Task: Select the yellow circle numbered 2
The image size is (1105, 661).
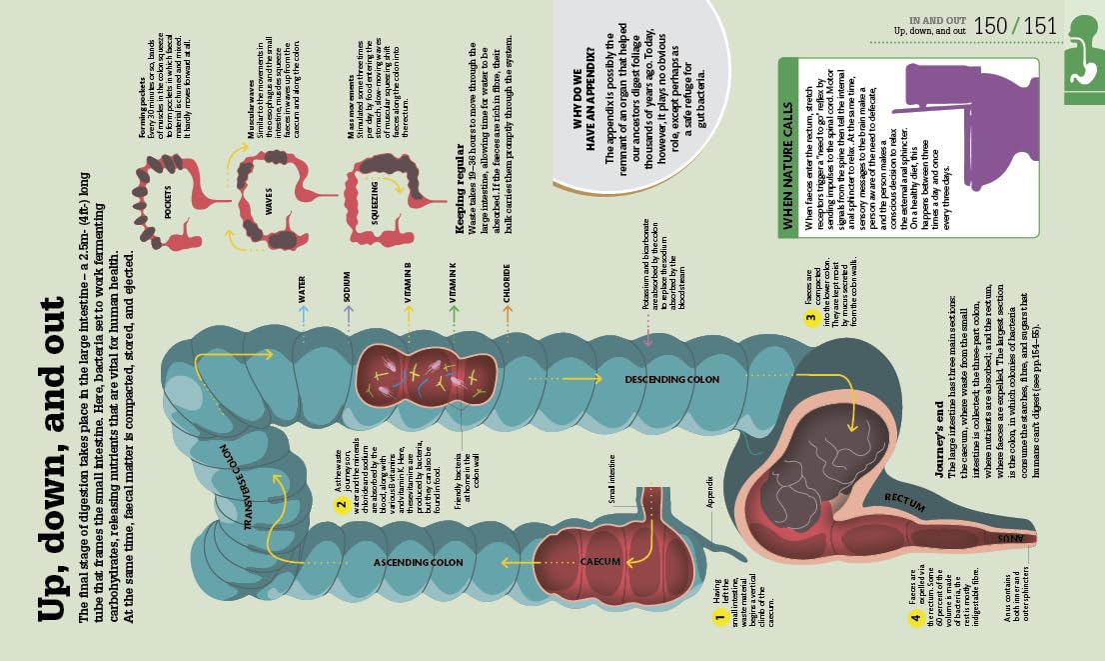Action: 341,502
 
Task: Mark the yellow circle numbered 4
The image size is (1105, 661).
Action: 914,617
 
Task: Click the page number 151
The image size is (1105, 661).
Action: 1040,27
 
